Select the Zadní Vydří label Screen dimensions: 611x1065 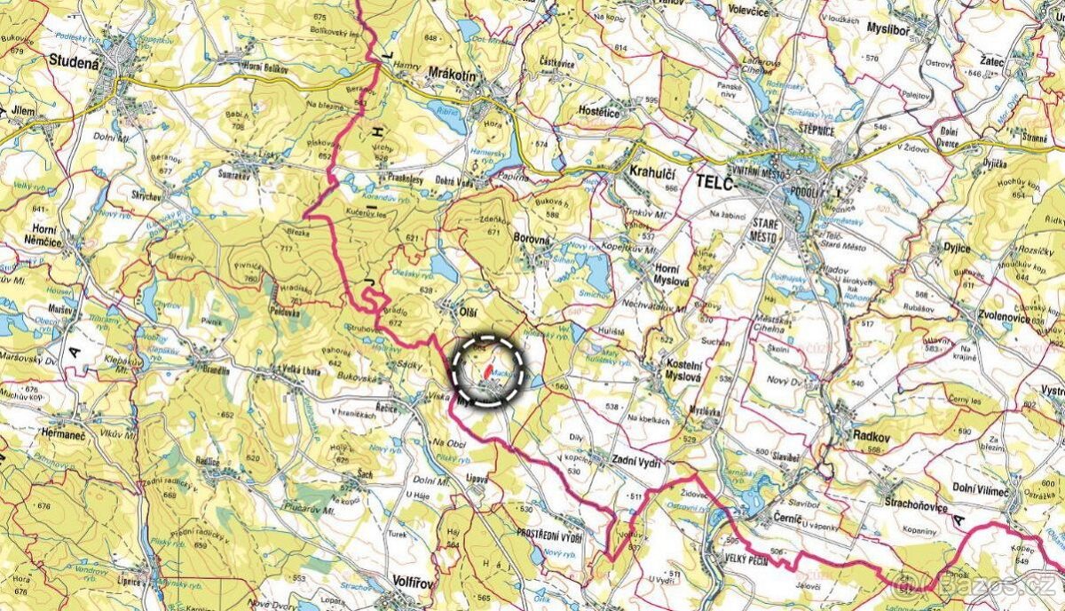pyautogui.click(x=636, y=459)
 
